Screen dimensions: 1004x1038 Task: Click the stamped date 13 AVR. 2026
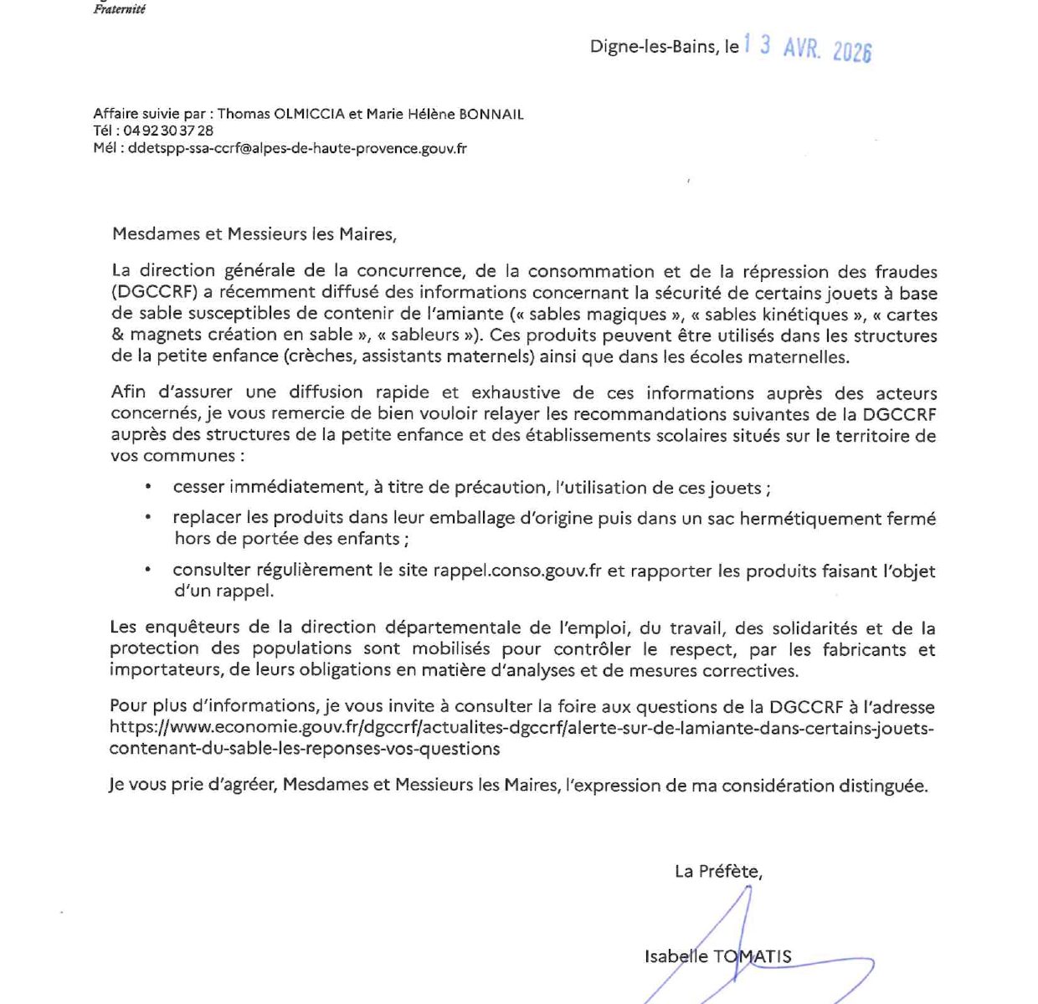(x=808, y=48)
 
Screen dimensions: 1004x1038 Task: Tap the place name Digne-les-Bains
(x=653, y=47)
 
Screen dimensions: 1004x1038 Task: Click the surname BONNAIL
(x=491, y=115)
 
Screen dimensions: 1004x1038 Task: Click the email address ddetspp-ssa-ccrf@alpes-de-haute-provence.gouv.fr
(x=297, y=148)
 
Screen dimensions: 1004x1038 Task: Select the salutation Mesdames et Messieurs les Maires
(x=254, y=234)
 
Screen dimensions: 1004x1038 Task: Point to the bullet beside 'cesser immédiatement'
(x=148, y=487)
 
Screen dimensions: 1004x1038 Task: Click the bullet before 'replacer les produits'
(x=148, y=518)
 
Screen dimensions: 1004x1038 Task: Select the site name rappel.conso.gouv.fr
(x=517, y=571)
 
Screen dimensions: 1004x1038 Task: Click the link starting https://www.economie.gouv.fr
(x=521, y=728)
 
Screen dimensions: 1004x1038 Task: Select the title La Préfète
(x=718, y=871)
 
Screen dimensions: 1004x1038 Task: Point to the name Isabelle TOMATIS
(x=717, y=956)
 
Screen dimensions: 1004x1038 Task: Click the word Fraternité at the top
(x=119, y=9)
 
